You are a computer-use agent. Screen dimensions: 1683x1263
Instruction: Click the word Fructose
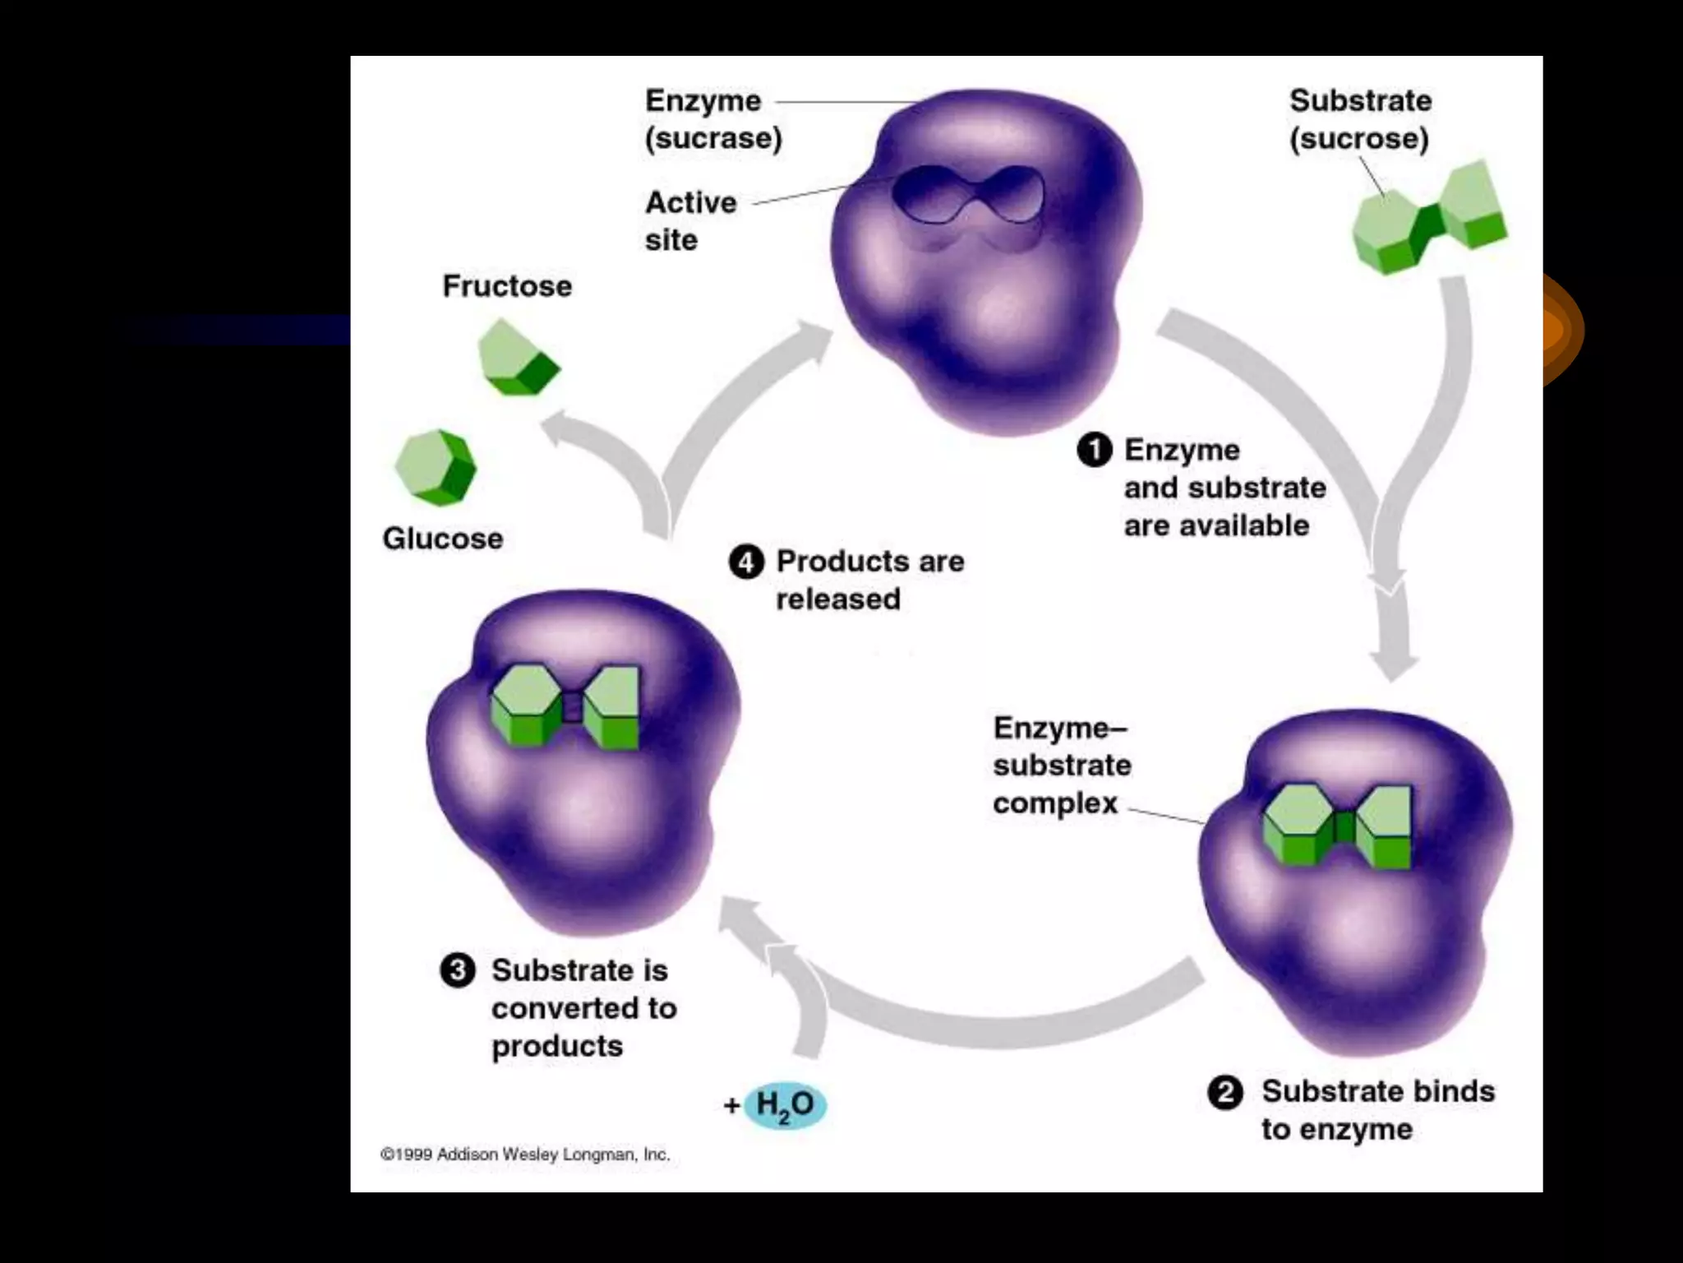[x=507, y=286]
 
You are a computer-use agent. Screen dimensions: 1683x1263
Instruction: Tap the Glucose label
[x=443, y=539]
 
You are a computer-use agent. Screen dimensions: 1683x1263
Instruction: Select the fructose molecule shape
[x=518, y=359]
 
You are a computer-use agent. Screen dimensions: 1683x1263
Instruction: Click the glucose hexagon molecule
[x=436, y=466]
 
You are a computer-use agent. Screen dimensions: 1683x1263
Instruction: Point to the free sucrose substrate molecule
[x=1430, y=218]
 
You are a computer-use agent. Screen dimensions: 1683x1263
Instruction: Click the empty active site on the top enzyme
[x=968, y=195]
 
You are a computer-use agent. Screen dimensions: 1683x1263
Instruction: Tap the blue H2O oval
[x=785, y=1104]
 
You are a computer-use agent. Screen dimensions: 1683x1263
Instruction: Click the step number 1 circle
[x=1095, y=450]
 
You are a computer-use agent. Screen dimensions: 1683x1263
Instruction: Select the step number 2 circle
[x=1225, y=1093]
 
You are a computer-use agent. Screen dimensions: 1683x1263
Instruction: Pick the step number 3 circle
[x=458, y=970]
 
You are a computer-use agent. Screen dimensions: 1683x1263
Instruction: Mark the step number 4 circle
[x=746, y=562]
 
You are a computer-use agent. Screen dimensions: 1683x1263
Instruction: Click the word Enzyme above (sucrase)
[x=703, y=101]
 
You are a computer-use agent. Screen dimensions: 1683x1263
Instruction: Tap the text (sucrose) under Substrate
[x=1359, y=138]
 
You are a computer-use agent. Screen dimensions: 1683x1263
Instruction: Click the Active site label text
[x=690, y=220]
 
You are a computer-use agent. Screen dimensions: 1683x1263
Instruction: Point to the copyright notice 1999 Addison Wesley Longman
[x=525, y=1154]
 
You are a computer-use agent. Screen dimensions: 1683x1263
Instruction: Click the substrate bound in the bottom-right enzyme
[x=1337, y=826]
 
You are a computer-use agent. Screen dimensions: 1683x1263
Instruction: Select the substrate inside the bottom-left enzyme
[x=565, y=706]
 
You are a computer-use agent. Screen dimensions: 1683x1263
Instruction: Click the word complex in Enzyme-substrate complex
[x=1055, y=803]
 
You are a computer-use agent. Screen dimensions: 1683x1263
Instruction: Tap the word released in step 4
[x=838, y=599]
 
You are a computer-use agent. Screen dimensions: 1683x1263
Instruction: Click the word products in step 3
[x=557, y=1047]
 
